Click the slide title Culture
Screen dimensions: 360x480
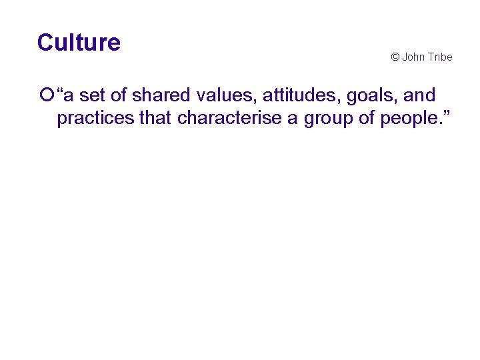click(79, 43)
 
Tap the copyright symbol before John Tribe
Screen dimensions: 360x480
click(395, 57)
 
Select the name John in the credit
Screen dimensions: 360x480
click(413, 57)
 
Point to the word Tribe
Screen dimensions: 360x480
click(440, 57)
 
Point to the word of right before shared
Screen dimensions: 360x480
click(119, 96)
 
